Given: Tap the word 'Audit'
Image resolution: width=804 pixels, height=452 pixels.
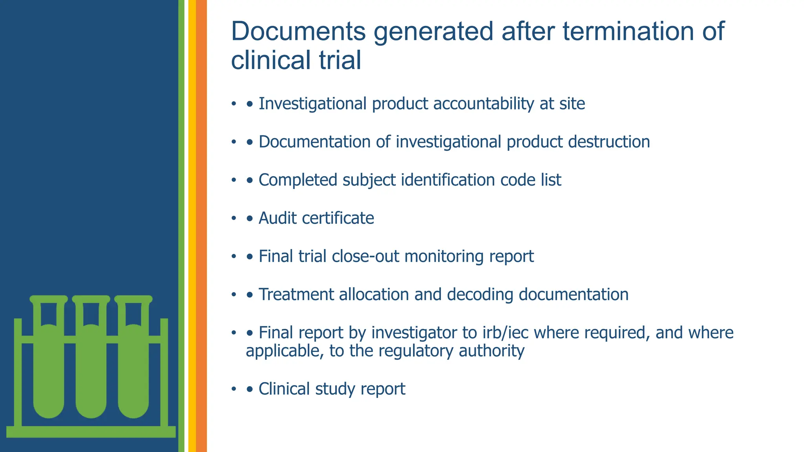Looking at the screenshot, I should click(x=278, y=218).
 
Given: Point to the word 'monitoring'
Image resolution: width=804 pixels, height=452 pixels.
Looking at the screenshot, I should click(x=444, y=256).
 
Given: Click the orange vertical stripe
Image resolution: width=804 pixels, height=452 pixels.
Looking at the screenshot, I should click(x=201, y=226).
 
